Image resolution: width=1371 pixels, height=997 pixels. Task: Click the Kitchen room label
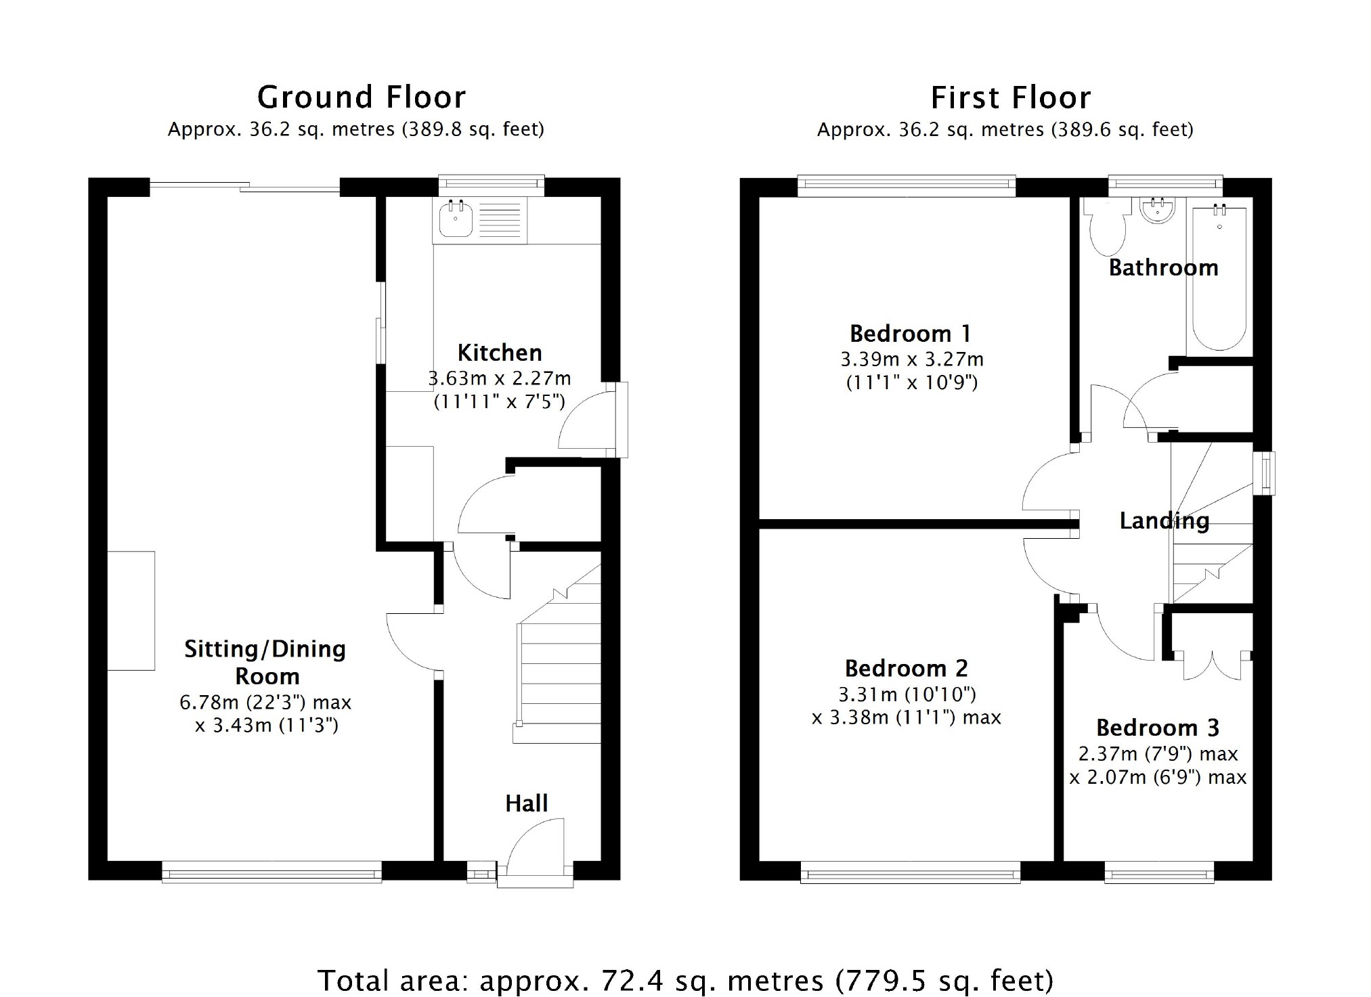coord(500,353)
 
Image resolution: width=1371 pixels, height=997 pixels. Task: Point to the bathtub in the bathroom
coord(1219,277)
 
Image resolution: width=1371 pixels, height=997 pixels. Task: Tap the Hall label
coord(526,803)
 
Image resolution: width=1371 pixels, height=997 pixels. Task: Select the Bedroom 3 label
coord(1158,728)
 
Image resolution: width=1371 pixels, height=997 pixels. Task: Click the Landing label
coord(1164,520)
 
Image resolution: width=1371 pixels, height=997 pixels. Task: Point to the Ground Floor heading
coord(362,97)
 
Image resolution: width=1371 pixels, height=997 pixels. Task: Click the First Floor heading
coord(1011,97)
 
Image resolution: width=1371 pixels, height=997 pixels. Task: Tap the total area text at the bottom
coord(685,980)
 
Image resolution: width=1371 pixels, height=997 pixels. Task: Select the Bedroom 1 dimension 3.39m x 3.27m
coord(912,359)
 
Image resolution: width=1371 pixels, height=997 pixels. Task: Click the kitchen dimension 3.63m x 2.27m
coord(500,378)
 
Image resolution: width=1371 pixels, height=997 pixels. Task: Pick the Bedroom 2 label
coord(907,668)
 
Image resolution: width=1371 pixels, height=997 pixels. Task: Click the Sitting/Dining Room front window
coord(271,872)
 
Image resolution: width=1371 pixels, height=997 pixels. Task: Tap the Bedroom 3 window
coord(1159,872)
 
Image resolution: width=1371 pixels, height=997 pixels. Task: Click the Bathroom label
coord(1163,268)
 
